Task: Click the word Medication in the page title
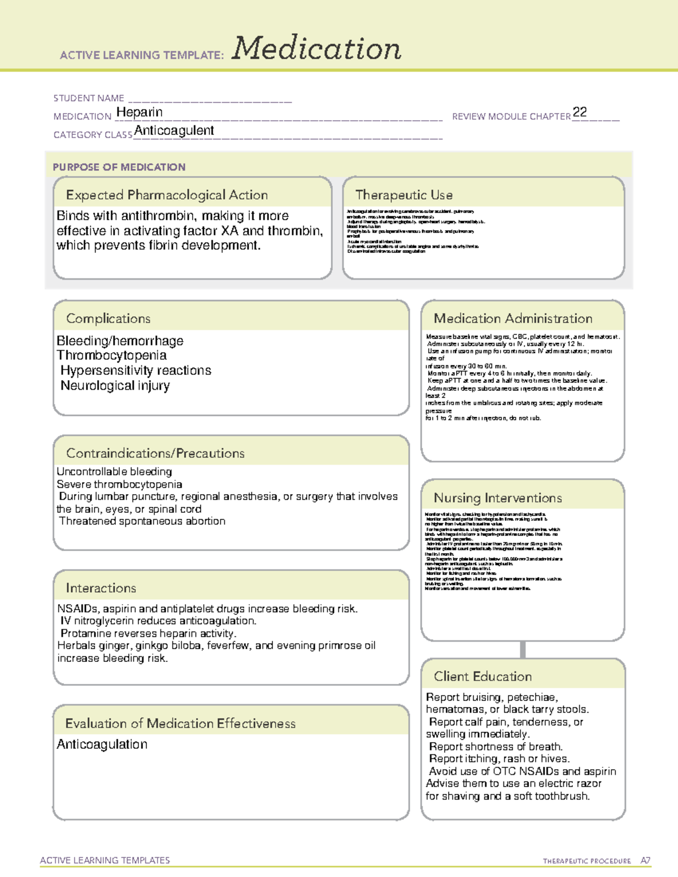click(x=316, y=49)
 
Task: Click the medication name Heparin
click(x=139, y=112)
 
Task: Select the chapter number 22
click(x=580, y=112)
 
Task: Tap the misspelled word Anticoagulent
click(x=174, y=130)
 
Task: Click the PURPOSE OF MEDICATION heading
click(x=119, y=167)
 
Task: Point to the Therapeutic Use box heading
click(x=403, y=195)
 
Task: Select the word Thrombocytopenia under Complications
click(x=111, y=355)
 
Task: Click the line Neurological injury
click(x=115, y=386)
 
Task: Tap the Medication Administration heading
click(x=513, y=318)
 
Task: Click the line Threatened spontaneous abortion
click(x=142, y=521)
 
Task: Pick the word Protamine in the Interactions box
click(x=86, y=633)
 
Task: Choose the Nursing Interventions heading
click(x=498, y=498)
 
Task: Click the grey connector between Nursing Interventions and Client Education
click(x=523, y=649)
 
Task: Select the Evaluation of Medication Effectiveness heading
click(x=180, y=723)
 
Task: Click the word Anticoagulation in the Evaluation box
click(x=102, y=744)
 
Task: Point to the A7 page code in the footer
click(x=645, y=861)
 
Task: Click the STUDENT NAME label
click(x=89, y=98)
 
